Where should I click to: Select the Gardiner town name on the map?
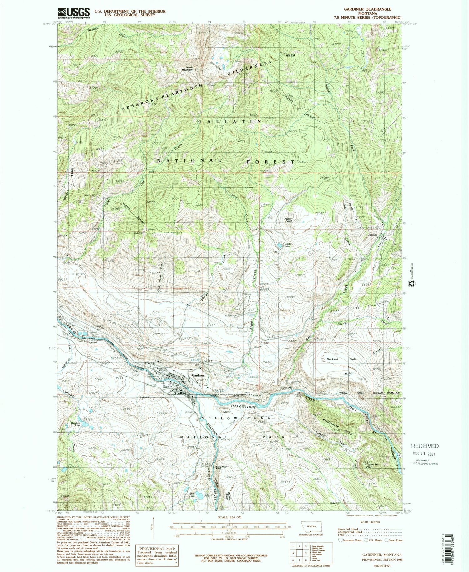198,375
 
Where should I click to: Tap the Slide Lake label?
192,494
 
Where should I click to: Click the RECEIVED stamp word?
425,446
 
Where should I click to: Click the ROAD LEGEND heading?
370,522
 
